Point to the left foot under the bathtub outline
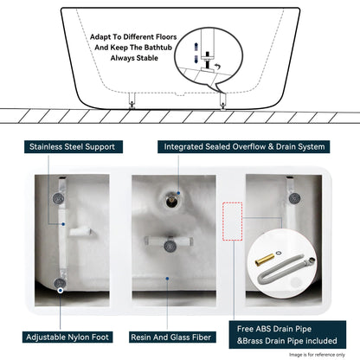132,103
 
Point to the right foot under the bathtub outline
224,103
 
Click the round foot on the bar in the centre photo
172,247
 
